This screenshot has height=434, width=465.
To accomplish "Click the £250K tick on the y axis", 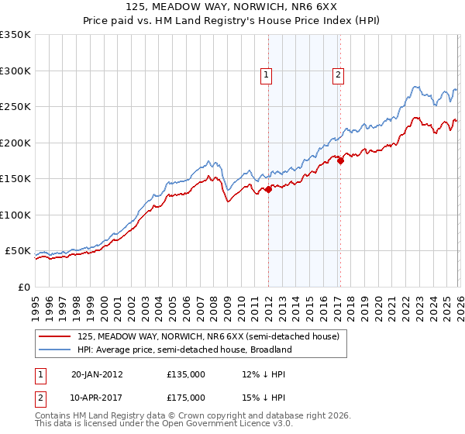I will coord(15,107).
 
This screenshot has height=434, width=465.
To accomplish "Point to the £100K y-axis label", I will coord(15,215).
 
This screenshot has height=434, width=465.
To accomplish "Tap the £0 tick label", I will coord(23,288).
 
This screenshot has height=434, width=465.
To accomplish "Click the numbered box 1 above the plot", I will coord(266,75).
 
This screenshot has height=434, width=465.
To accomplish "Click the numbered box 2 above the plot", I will coord(339,75).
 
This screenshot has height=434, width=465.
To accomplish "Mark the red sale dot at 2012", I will coord(268,189).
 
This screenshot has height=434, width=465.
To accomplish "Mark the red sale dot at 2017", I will coord(339,161).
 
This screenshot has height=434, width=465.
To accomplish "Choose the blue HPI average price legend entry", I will coord(184,350).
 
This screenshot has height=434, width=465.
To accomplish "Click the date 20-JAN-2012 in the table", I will coord(97,374).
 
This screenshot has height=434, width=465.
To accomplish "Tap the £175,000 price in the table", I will coord(185,396).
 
